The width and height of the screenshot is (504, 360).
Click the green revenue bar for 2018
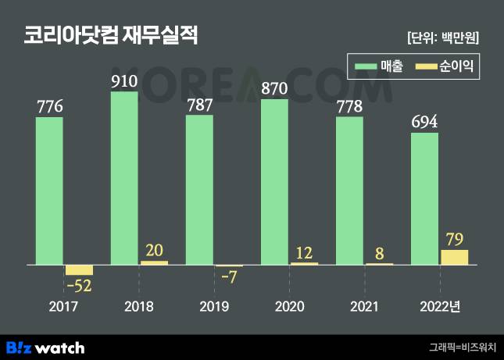point(124,180)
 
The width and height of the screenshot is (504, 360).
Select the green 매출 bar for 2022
point(424,199)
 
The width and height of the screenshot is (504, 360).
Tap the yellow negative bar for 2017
point(79,270)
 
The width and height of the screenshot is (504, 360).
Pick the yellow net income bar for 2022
point(454,257)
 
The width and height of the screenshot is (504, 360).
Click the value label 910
point(124,80)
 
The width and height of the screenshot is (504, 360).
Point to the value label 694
point(424,122)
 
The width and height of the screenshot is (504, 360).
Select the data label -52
point(79,286)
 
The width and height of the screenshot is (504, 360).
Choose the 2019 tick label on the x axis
point(214,305)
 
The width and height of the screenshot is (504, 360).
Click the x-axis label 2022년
point(440,305)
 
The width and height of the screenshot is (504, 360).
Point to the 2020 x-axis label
point(289,305)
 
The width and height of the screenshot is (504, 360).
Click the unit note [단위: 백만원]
point(443,37)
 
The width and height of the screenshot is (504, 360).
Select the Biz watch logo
point(45,347)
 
